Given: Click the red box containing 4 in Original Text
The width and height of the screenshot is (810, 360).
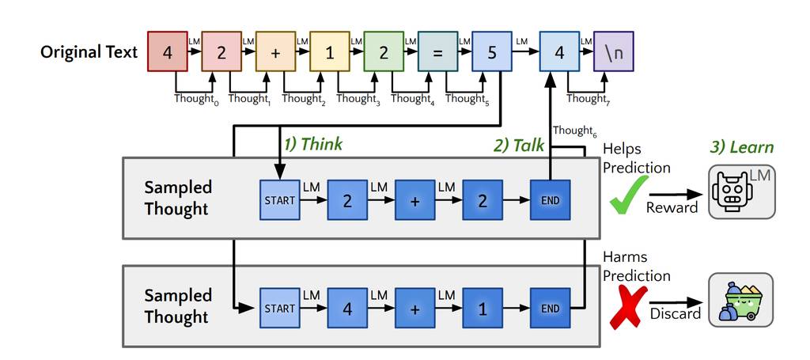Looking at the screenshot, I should tap(168, 51).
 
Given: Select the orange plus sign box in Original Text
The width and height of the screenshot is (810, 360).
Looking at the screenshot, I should tap(275, 51).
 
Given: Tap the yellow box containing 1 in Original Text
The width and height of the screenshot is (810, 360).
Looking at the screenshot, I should tap(329, 51).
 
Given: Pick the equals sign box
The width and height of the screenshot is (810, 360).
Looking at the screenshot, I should tap(437, 51).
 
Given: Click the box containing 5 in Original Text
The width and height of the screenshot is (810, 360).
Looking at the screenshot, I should tap(491, 51).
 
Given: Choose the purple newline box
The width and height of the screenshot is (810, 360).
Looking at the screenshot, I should tap(613, 51).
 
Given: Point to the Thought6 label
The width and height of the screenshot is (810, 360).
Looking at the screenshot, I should tap(573, 131).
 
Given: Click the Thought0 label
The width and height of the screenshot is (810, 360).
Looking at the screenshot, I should tap(195, 99).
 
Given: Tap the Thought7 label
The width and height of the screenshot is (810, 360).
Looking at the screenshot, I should tap(587, 99).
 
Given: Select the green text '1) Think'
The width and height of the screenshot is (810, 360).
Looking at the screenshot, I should tap(313, 144).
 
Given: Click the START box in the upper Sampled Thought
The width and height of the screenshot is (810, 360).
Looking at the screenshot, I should tap(279, 200).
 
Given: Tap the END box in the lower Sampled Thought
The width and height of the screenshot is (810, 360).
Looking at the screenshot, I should tap(549, 309).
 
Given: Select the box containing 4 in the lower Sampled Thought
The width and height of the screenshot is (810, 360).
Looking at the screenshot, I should tap(347, 309).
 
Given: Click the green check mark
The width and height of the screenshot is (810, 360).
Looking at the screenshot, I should tap(628, 194).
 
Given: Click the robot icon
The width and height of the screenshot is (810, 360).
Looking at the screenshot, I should tap(740, 192).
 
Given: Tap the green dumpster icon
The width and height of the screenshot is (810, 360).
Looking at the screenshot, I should tap(740, 300).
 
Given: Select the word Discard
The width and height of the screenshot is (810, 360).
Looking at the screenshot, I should tap(676, 313).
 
